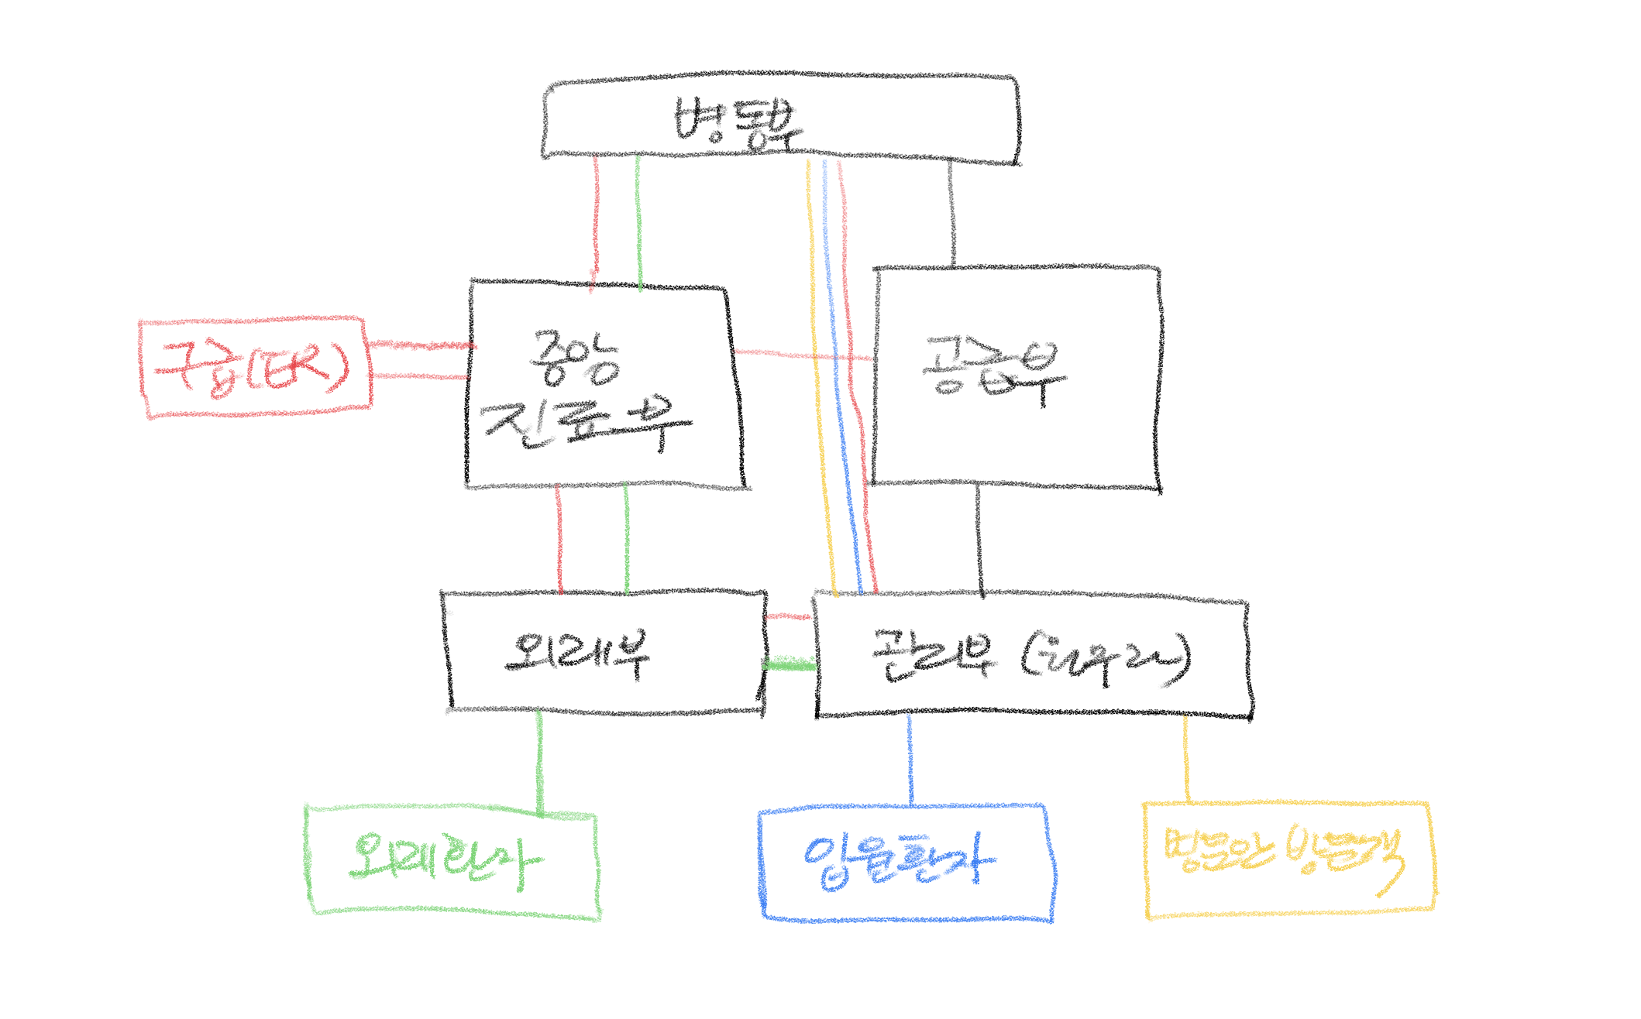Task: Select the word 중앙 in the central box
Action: click(x=575, y=358)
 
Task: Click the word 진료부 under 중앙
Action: click(x=587, y=424)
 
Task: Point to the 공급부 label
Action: click(x=994, y=369)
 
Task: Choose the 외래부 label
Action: click(x=577, y=653)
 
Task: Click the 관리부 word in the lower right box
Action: click(x=932, y=656)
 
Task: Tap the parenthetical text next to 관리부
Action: click(x=1106, y=658)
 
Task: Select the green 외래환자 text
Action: click(x=446, y=862)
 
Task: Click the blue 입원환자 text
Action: click(x=899, y=860)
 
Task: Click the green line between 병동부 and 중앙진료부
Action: click(x=638, y=221)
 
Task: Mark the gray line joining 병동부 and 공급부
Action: click(x=951, y=213)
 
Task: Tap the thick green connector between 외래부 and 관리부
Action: click(x=790, y=664)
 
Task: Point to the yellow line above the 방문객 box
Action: click(x=1185, y=759)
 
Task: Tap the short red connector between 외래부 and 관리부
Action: click(x=787, y=616)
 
